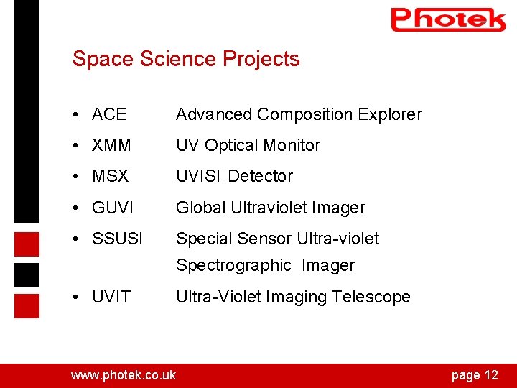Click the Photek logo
point(448,19)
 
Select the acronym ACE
point(109,114)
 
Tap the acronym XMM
point(111,145)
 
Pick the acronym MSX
point(110,176)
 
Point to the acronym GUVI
point(113,208)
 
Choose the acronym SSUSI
point(117,239)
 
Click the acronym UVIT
point(111,297)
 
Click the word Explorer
point(389,114)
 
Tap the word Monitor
point(292,145)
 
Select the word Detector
point(261,176)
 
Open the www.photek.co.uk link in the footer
point(123,375)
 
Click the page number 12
point(491,375)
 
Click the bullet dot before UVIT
point(76,297)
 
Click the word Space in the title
point(97,59)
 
